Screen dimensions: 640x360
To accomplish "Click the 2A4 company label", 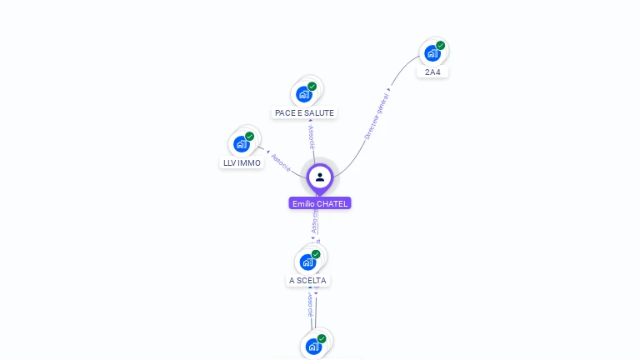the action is click(x=432, y=72).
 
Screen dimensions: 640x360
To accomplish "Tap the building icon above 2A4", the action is click(x=432, y=54).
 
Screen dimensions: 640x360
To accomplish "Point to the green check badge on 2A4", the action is click(x=440, y=46).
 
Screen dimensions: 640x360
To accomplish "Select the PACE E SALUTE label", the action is click(x=304, y=112).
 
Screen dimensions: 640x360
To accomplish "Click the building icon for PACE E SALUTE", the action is click(x=304, y=94).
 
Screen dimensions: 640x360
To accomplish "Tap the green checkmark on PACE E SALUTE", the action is click(x=312, y=87).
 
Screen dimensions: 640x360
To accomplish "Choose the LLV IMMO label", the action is click(x=242, y=162).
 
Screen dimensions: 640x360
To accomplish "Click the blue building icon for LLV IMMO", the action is click(x=242, y=144).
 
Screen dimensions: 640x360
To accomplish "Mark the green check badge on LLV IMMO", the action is click(x=249, y=137).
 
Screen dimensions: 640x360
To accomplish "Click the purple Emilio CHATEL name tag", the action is click(x=320, y=203).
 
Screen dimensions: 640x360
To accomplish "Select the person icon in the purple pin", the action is click(x=320, y=177).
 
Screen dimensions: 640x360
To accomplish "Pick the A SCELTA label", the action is click(x=307, y=281).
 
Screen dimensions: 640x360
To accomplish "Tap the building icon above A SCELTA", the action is click(x=307, y=262).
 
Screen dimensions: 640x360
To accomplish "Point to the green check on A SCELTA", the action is click(x=316, y=254).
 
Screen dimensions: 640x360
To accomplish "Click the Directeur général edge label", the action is click(x=377, y=114).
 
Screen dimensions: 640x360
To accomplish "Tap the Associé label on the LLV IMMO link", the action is click(x=282, y=163).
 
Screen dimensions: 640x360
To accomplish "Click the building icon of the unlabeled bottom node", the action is click(x=313, y=347).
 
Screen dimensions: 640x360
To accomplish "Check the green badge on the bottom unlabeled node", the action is click(x=322, y=338).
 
